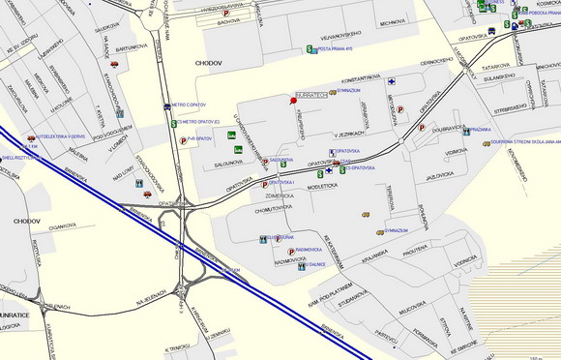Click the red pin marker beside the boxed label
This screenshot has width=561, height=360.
(x=294, y=100)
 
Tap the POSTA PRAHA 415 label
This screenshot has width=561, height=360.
(x=339, y=48)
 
